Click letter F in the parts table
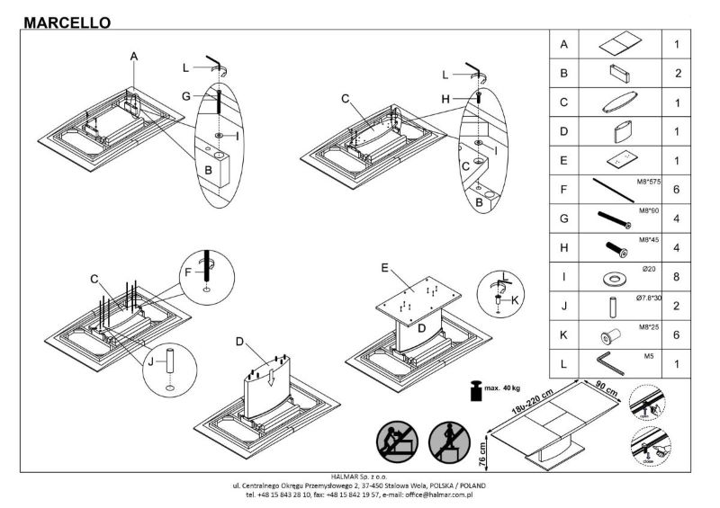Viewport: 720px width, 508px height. (563, 192)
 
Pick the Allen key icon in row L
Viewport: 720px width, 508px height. (616, 362)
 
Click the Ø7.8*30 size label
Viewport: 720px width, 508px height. (643, 296)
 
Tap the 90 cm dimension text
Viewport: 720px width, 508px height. (602, 388)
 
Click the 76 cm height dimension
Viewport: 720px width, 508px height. (483, 453)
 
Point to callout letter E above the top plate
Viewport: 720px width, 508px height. (384, 268)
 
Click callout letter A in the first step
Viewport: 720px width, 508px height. (133, 57)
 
